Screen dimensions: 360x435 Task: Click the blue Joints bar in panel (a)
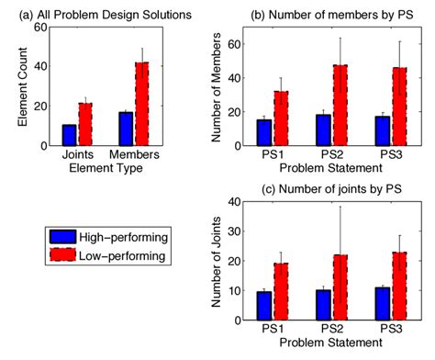click(x=69, y=135)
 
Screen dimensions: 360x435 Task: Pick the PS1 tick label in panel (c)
click(x=271, y=329)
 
